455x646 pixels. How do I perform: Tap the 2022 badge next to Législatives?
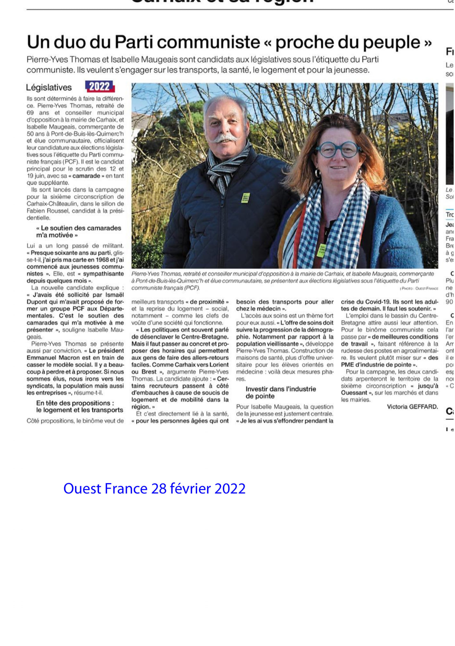(100, 87)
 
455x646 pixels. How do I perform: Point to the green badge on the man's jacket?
(245, 198)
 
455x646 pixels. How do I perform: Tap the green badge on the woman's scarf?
(321, 251)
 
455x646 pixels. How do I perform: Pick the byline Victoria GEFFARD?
(412, 407)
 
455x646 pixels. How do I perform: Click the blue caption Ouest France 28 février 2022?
(154, 489)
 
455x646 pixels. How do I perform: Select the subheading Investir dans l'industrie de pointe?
(280, 393)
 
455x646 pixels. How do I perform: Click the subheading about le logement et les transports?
(79, 407)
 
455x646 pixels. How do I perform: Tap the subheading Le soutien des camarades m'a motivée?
(79, 232)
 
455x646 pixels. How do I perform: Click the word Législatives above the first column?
(49, 88)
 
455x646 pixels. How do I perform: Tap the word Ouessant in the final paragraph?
(354, 393)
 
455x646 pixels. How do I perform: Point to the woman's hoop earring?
(318, 173)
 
